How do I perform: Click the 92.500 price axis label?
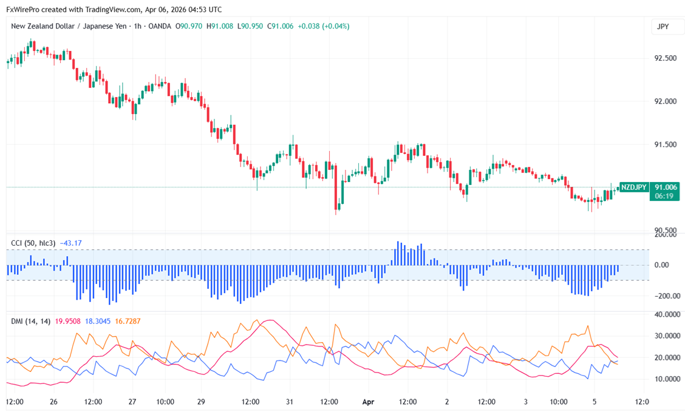(x=665, y=58)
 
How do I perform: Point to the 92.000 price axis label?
(x=665, y=101)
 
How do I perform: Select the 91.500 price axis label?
(x=665, y=144)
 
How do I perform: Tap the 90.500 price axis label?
(x=665, y=231)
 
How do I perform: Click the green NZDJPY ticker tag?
(x=633, y=187)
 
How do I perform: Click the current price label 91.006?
(x=664, y=187)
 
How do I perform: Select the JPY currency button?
(x=663, y=27)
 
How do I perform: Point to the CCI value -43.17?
(x=70, y=243)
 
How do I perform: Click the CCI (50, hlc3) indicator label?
(x=33, y=243)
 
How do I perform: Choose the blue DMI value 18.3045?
(x=97, y=321)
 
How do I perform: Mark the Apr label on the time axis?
(x=366, y=402)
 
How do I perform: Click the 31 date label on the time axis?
(x=290, y=402)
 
